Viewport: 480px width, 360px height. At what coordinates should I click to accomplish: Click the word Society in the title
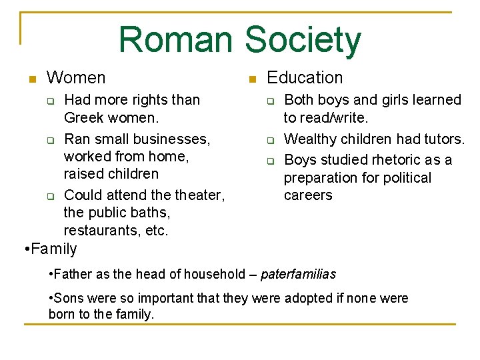tap(303, 39)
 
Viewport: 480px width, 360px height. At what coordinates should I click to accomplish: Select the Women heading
tap(76, 78)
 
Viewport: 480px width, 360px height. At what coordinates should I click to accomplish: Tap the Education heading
tap(305, 78)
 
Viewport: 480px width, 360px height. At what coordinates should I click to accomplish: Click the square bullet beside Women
tap(31, 79)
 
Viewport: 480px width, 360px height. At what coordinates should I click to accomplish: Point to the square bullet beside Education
tap(251, 79)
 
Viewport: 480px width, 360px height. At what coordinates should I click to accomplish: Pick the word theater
tap(199, 195)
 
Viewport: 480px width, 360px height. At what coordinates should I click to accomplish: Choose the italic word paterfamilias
tap(298, 274)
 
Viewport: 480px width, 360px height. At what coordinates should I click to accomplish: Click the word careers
tap(308, 195)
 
